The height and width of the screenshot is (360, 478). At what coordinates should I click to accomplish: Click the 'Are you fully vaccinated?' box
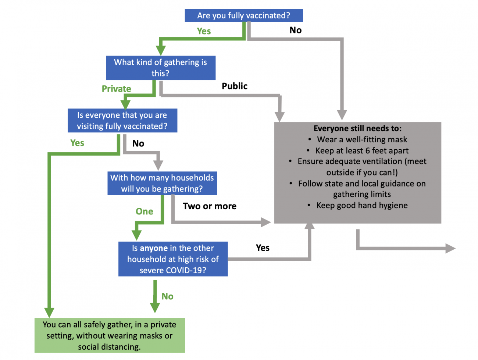(243, 15)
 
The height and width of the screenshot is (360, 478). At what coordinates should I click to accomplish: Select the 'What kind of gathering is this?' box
(160, 68)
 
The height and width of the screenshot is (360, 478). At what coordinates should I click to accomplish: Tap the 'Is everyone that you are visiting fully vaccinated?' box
(122, 121)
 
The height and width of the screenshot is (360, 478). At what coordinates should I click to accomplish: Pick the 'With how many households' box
(162, 183)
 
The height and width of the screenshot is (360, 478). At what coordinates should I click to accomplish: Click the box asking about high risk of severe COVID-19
(173, 259)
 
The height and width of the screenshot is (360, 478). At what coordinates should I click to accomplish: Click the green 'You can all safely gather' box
(110, 335)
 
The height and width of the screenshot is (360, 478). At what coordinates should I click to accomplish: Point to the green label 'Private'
(116, 89)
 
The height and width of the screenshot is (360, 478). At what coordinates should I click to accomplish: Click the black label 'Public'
(235, 86)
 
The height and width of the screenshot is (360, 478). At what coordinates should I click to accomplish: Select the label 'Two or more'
(210, 206)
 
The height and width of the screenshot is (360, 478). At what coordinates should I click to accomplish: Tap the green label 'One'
(144, 211)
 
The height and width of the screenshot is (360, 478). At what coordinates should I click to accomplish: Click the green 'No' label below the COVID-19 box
(167, 296)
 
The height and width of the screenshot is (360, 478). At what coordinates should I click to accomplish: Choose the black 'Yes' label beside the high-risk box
(263, 248)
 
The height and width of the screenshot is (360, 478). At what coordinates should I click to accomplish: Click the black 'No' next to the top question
(295, 30)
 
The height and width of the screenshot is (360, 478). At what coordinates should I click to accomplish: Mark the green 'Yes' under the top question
(204, 31)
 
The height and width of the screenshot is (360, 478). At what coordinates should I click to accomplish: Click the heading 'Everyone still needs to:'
(357, 128)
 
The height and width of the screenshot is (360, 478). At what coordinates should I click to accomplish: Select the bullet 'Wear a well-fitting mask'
(362, 139)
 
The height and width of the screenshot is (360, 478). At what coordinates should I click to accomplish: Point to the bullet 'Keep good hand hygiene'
(362, 205)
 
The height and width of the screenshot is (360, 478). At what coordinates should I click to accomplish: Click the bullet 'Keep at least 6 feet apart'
(362, 150)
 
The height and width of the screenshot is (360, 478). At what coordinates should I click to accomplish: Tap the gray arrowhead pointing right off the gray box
(450, 248)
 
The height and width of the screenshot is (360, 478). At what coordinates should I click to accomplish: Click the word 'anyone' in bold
(154, 248)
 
